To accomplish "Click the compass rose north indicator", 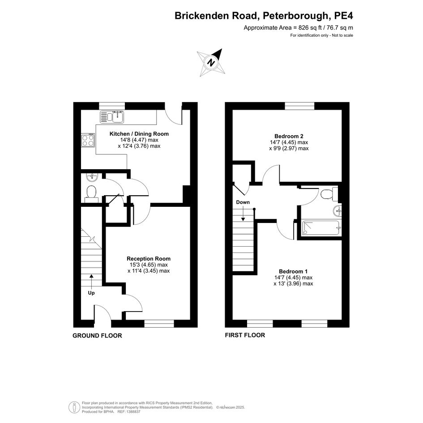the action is coord(211,63).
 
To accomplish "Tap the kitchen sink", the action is coord(112,117).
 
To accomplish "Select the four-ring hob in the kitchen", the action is coord(88,140).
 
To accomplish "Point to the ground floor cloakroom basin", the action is coord(92,177).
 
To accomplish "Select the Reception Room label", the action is coord(149,259).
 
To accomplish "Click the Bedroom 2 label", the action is coord(289,136).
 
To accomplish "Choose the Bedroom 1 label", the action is coord(293,271).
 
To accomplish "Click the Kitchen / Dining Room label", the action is coord(139,134).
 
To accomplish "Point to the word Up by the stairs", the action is coord(91,293).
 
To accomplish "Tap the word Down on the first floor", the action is coord(243,202).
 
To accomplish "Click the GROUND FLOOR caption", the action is coord(97,336).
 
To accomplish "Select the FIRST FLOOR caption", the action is coord(245,335).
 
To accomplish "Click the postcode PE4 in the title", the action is coord(343,16).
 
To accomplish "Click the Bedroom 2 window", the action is coord(300,106).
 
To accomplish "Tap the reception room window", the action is coord(159,324).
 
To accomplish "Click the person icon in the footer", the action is coord(74,407).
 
